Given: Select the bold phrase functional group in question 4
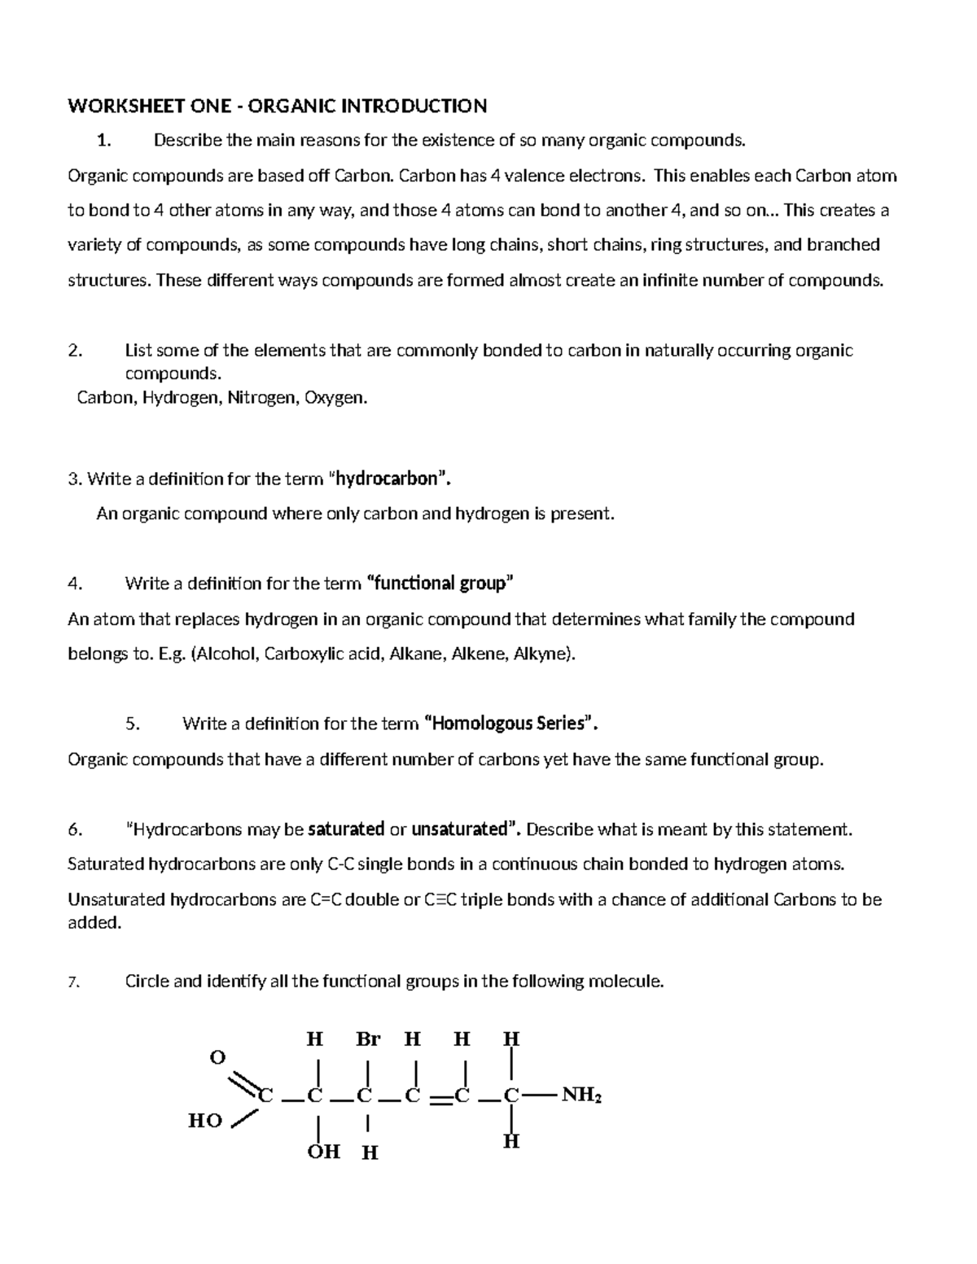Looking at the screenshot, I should click(441, 584).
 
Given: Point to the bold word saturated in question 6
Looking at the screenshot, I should click(346, 829).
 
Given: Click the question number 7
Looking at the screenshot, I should click(72, 982).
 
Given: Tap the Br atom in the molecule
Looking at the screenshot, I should click(368, 1039).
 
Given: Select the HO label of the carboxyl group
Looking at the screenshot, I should click(205, 1121).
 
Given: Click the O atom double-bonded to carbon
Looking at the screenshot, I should click(217, 1057).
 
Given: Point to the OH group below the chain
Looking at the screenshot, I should click(323, 1152).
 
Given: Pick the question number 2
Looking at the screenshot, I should click(74, 351).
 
